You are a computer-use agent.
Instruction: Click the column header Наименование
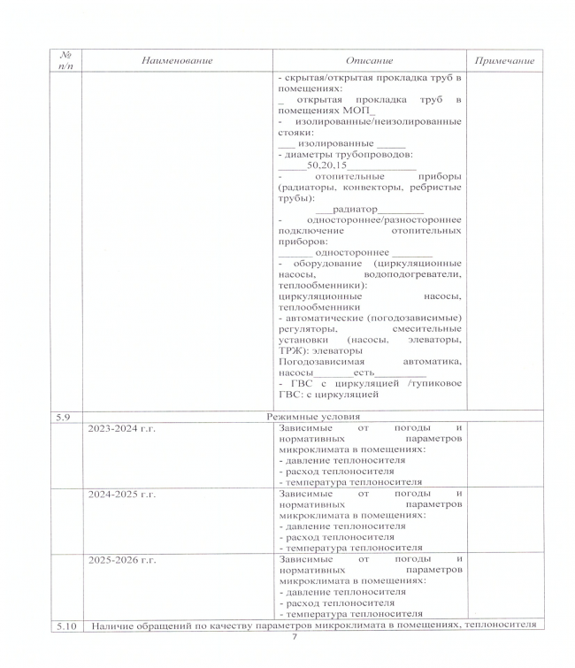177,60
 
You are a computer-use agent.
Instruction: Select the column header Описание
370,60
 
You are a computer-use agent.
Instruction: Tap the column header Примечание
504,60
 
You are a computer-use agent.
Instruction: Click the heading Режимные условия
315,416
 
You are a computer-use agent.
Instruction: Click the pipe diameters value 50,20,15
326,165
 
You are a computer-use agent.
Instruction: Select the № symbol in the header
61,54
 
